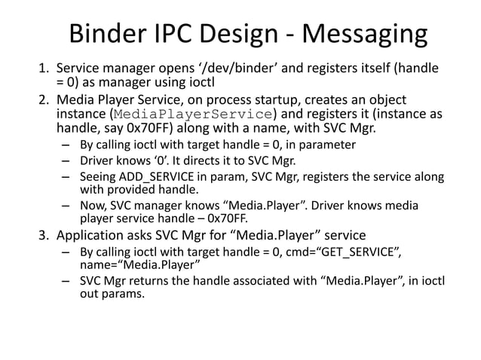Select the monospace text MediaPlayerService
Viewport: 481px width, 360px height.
(x=192, y=114)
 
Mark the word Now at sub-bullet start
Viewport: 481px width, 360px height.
(x=93, y=205)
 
